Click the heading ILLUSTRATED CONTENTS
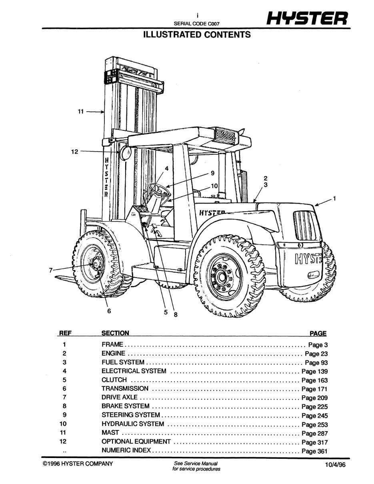[197, 34]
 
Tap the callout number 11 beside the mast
[80, 112]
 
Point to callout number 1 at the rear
[334, 198]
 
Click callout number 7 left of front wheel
[51, 270]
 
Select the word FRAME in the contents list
[112, 344]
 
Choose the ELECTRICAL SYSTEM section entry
[134, 371]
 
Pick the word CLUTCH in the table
[114, 380]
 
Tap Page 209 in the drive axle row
[314, 398]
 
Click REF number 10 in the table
[64, 424]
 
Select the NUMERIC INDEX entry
[126, 451]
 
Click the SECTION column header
[115, 333]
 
